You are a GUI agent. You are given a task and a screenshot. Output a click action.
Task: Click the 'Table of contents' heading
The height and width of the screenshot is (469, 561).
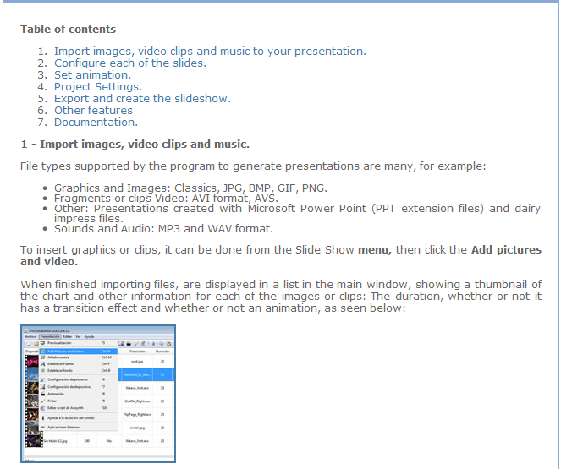pyautogui.click(x=68, y=30)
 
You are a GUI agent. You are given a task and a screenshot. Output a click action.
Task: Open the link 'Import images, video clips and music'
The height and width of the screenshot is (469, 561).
pyautogui.click(x=210, y=52)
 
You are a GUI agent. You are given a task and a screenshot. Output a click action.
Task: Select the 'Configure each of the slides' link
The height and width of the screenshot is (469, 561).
pyautogui.click(x=129, y=63)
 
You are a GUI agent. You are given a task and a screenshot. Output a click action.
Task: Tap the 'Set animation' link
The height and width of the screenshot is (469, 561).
pyautogui.click(x=92, y=75)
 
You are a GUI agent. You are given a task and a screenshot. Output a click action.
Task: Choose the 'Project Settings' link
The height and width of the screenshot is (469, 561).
pyautogui.click(x=97, y=87)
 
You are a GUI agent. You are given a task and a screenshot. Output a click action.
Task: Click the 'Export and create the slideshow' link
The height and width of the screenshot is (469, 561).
pyautogui.click(x=141, y=99)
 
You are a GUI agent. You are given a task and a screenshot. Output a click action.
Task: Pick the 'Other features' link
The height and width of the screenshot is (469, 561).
pyautogui.click(x=93, y=111)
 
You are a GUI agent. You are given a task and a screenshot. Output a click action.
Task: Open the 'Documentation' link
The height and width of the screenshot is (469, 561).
pyautogui.click(x=95, y=123)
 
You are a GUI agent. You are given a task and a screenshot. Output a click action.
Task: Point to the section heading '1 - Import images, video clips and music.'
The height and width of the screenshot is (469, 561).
pyautogui.click(x=135, y=145)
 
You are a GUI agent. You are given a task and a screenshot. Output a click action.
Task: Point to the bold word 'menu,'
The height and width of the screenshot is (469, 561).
pyautogui.click(x=374, y=250)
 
